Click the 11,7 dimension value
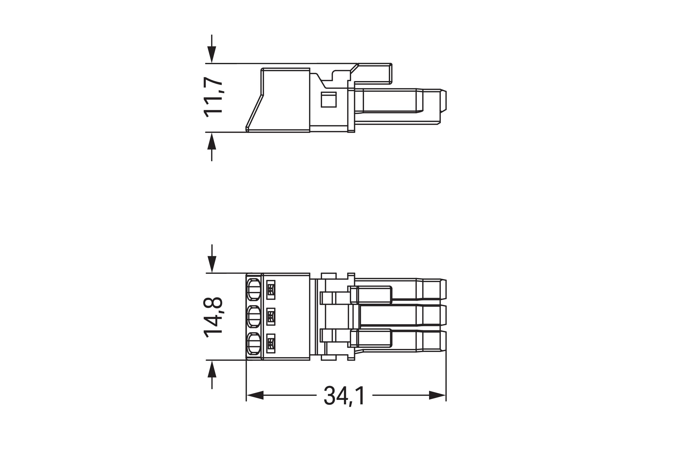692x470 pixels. click(x=213, y=97)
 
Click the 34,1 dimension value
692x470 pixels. click(x=344, y=395)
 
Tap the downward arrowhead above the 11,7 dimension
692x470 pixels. click(x=212, y=54)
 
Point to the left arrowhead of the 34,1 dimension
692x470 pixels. click(x=255, y=395)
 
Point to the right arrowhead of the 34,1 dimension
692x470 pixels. click(x=437, y=395)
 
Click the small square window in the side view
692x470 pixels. click(x=328, y=100)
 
